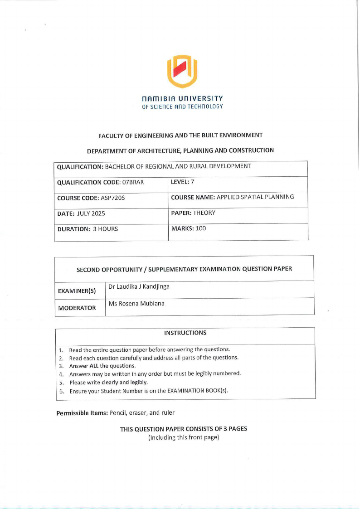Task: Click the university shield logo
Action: click(x=182, y=71)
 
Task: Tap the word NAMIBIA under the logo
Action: click(x=157, y=98)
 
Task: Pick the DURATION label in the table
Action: click(x=74, y=229)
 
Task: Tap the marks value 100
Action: click(x=200, y=228)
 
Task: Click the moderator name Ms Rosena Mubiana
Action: click(x=136, y=304)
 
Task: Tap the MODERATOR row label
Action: click(x=77, y=308)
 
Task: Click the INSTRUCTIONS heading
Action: click(x=185, y=333)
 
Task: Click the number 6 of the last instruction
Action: click(x=61, y=391)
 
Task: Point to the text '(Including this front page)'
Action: click(x=184, y=437)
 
